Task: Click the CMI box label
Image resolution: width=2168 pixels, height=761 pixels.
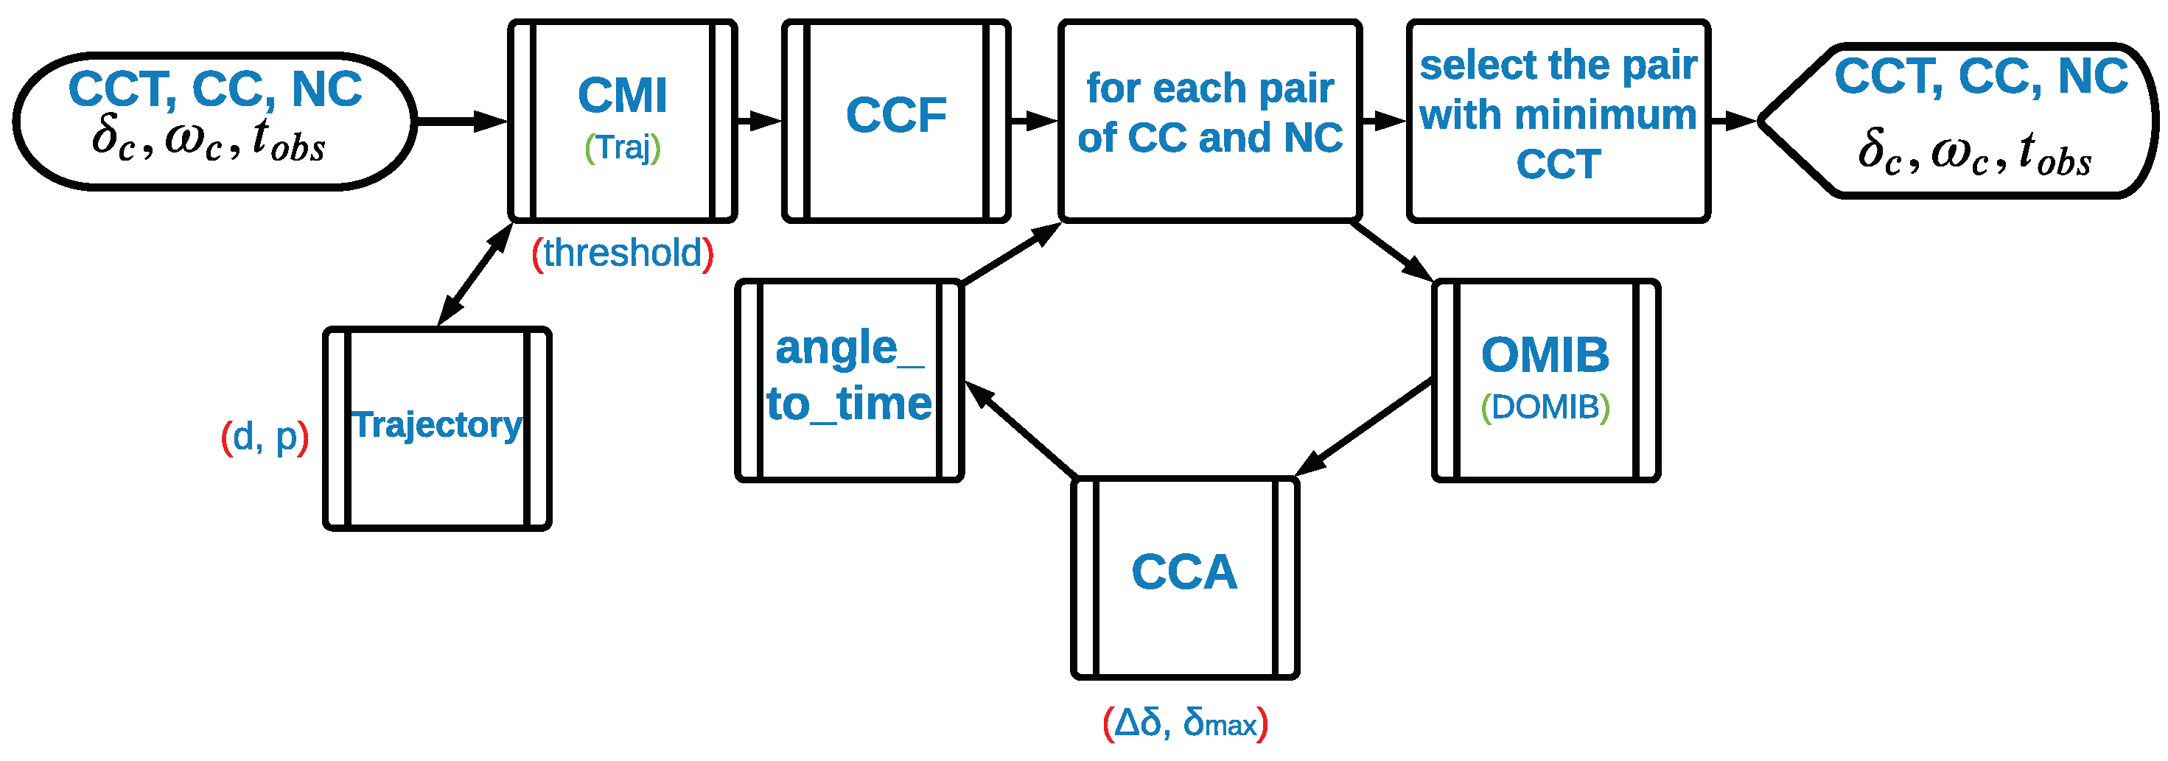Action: pyautogui.click(x=622, y=94)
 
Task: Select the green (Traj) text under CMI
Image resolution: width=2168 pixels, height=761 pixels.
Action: pyautogui.click(x=622, y=148)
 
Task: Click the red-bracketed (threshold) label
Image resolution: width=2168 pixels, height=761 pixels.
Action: pyautogui.click(x=623, y=253)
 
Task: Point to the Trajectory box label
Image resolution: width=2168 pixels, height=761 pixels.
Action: pyautogui.click(x=437, y=424)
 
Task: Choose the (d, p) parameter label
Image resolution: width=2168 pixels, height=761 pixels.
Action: pyautogui.click(x=265, y=437)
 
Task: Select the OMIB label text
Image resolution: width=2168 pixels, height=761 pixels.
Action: pyautogui.click(x=1545, y=354)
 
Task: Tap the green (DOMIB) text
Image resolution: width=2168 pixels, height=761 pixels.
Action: pyautogui.click(x=1545, y=407)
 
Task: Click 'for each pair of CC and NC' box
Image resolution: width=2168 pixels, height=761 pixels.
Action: pyautogui.click(x=1209, y=113)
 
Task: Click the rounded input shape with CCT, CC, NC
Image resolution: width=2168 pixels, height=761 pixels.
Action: pyautogui.click(x=214, y=120)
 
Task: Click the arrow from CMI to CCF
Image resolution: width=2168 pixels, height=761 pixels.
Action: pyautogui.click(x=759, y=122)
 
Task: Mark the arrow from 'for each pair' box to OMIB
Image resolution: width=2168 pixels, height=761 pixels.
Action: pyautogui.click(x=1391, y=251)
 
